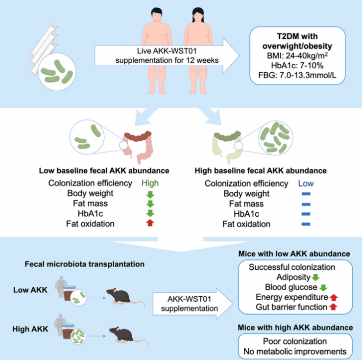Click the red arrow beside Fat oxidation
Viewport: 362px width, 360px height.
click(x=150, y=224)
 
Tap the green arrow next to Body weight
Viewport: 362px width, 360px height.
click(x=150, y=194)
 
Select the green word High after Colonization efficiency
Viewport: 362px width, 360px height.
click(x=150, y=183)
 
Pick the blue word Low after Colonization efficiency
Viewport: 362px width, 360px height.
click(x=306, y=183)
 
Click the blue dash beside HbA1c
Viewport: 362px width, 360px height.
click(x=306, y=214)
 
